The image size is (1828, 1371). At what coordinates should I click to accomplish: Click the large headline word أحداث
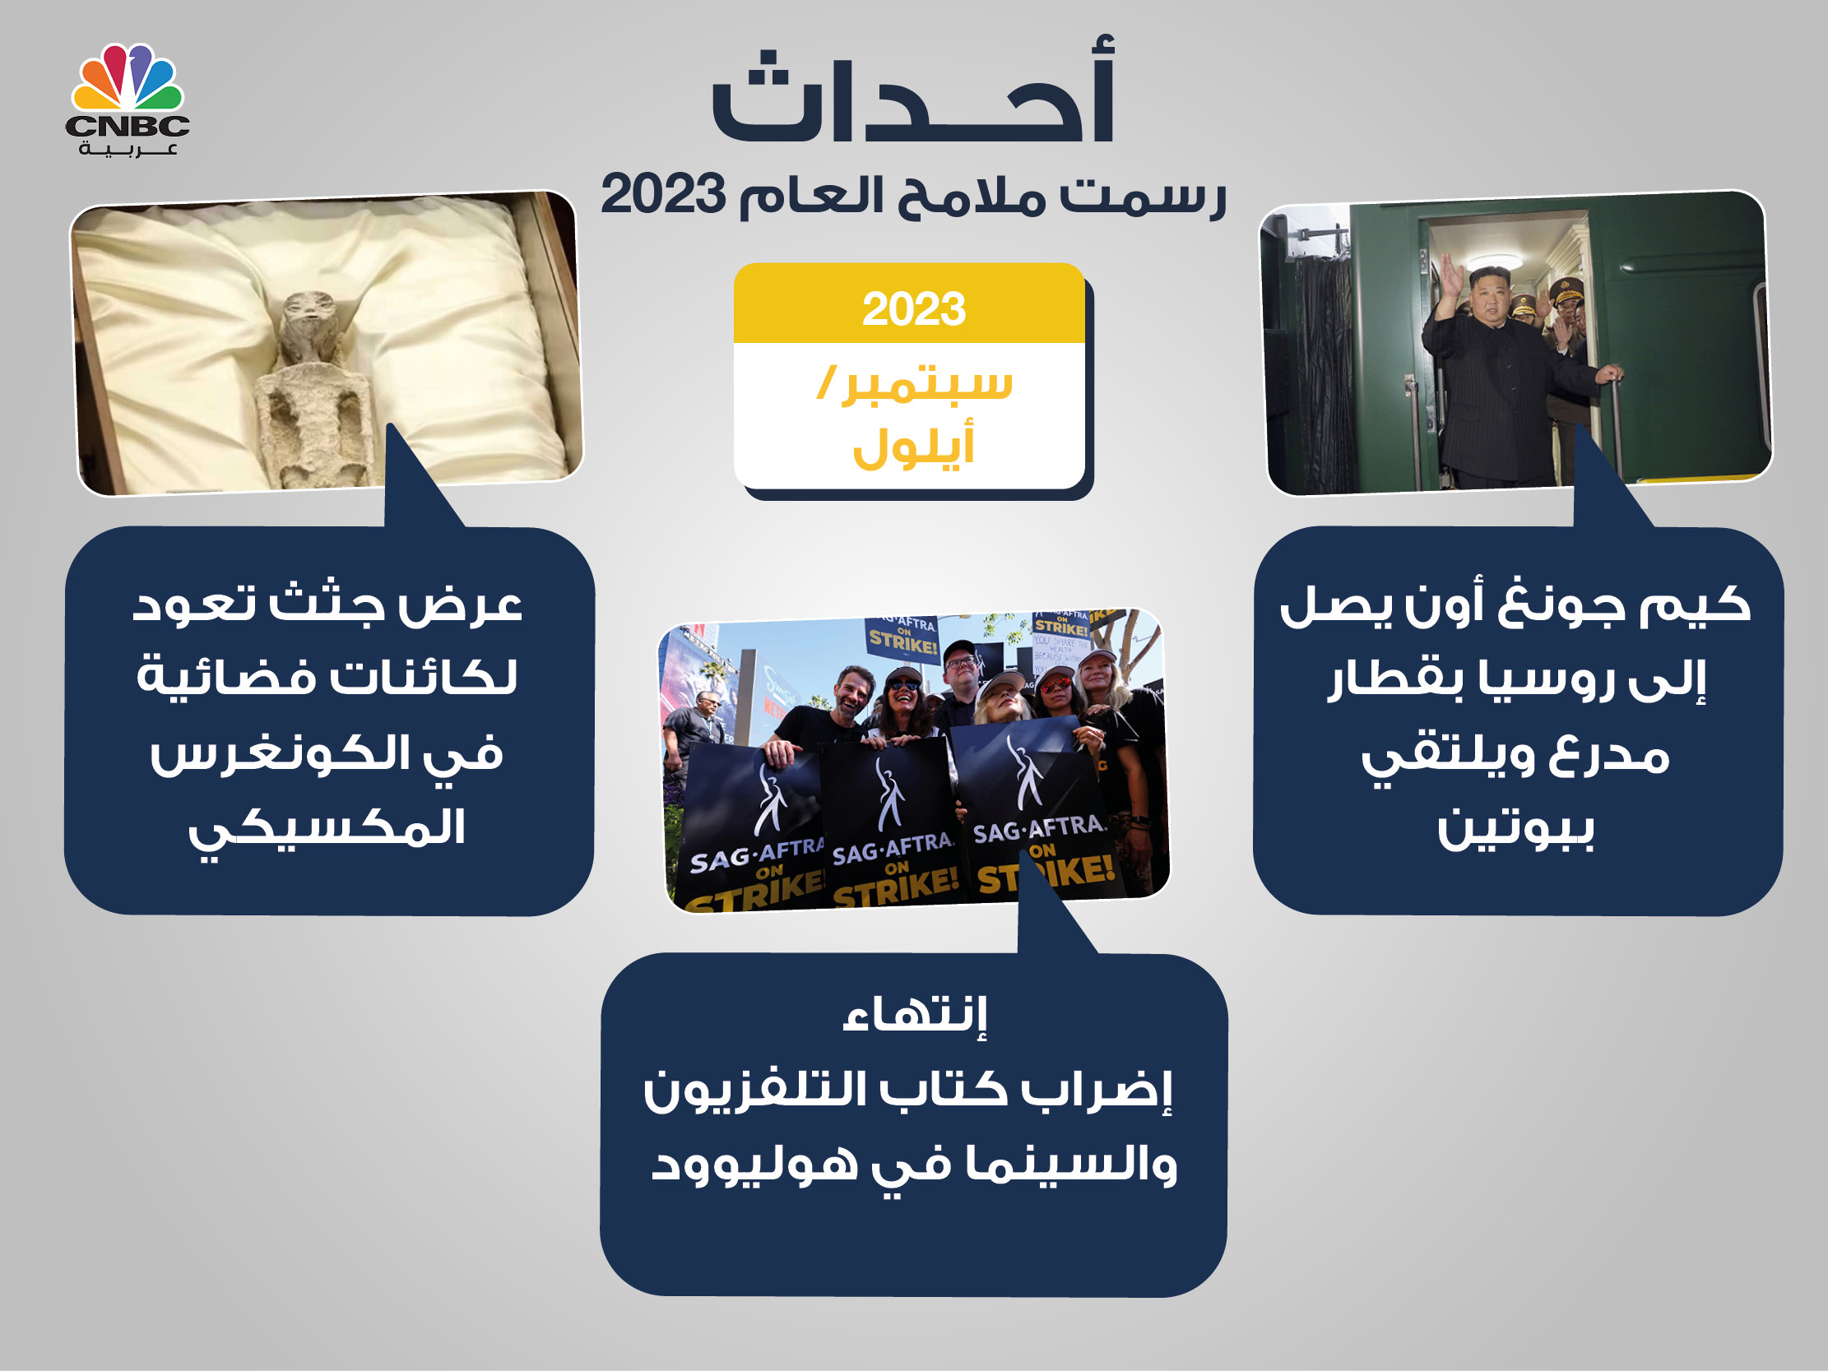click(x=914, y=90)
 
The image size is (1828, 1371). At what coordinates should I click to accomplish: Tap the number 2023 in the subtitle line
click(x=663, y=195)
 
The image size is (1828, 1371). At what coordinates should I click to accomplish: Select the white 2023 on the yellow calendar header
click(x=914, y=309)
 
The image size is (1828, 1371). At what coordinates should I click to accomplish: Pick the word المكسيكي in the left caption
click(x=327, y=829)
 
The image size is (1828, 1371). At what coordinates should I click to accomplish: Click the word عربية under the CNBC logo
click(x=128, y=150)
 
